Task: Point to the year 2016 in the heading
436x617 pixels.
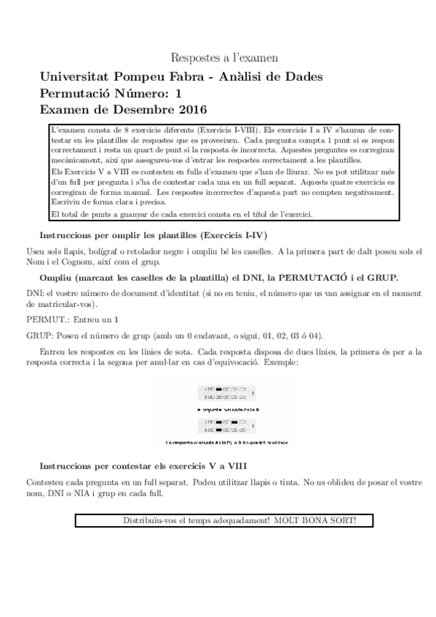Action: [x=192, y=110]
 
